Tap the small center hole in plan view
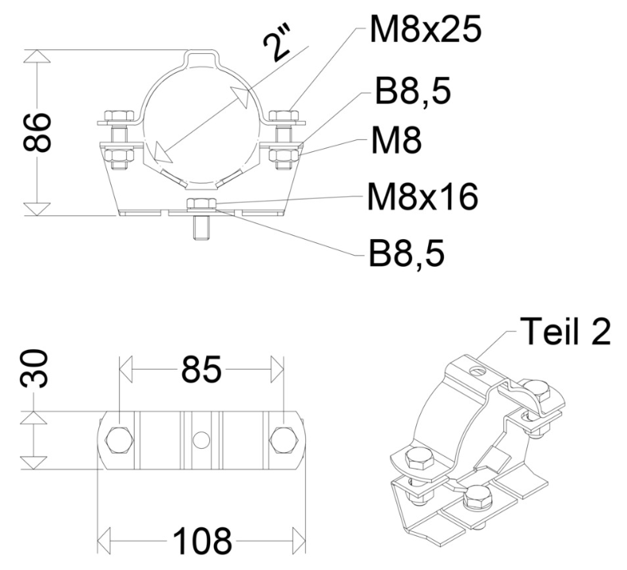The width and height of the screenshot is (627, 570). tap(201, 438)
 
